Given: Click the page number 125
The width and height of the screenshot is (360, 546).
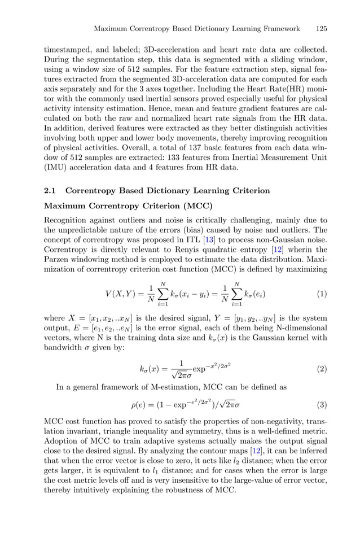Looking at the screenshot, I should [321, 29].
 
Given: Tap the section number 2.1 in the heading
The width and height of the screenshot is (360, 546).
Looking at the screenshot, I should [50, 191].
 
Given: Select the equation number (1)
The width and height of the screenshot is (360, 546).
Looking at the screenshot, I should [322, 294].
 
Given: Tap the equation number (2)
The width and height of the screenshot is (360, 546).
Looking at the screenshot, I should [322, 369].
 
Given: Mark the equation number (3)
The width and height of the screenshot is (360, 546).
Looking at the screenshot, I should [322, 404].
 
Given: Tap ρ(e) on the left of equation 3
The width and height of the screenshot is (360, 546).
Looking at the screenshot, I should [139, 405].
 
